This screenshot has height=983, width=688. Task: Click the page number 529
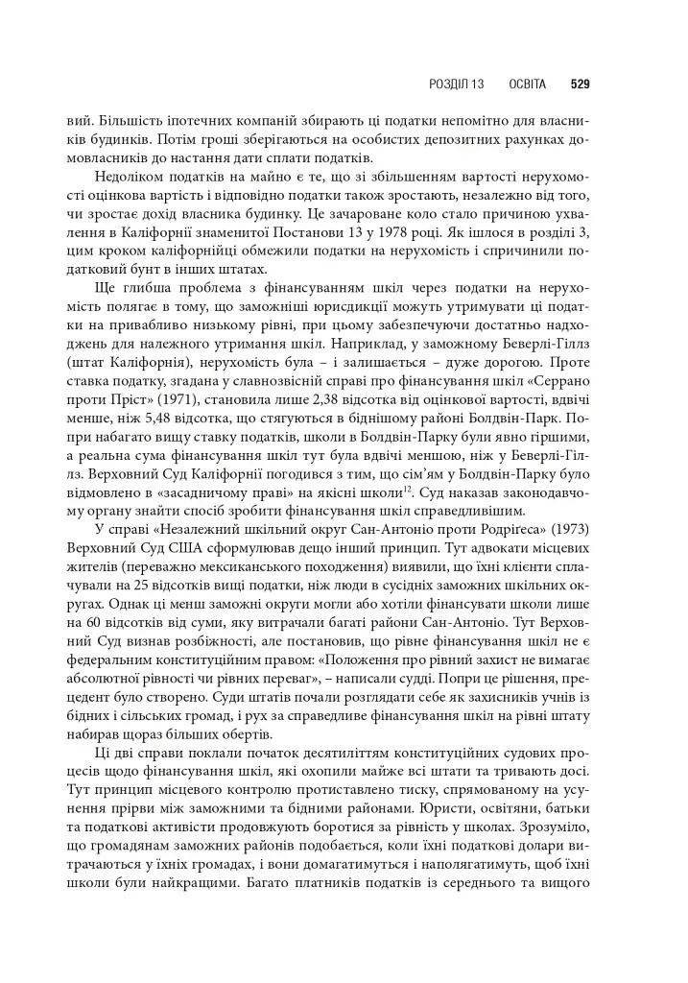pyautogui.click(x=579, y=84)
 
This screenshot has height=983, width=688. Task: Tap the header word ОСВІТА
pyautogui.click(x=527, y=84)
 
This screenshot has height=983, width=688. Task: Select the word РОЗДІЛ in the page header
pyautogui.click(x=448, y=84)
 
